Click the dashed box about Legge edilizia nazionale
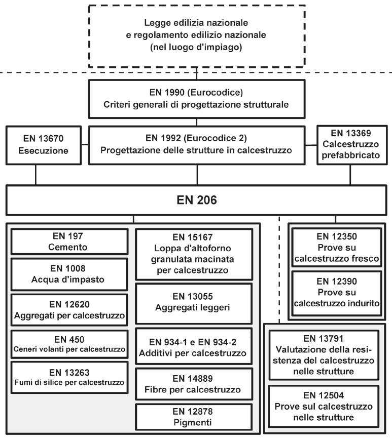pos(197,36)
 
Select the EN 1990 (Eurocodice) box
pos(197,101)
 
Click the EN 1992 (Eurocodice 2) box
pos(197,145)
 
